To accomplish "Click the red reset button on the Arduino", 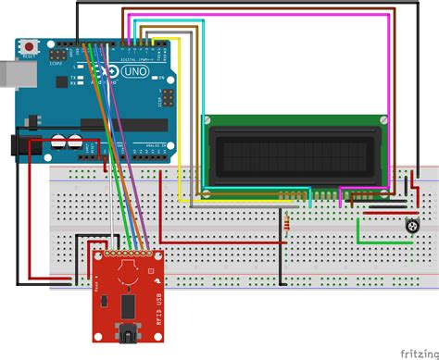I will click(x=31, y=44).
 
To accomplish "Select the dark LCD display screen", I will click(x=295, y=155).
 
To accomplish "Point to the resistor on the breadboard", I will click(x=291, y=222).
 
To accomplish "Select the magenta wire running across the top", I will click(x=278, y=17).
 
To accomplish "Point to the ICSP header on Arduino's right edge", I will click(x=169, y=98).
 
